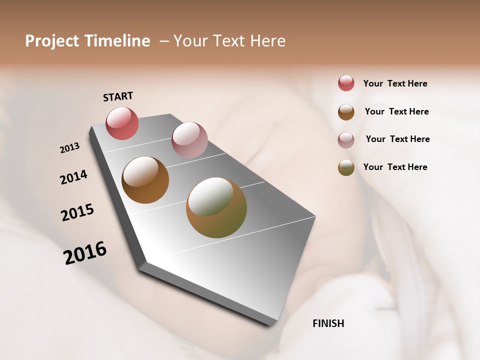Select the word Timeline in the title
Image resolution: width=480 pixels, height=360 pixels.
[x=117, y=41]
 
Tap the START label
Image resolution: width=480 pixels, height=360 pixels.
[x=118, y=96]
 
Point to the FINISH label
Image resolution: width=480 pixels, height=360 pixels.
[x=328, y=323]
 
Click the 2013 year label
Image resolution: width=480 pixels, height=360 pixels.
[x=69, y=148]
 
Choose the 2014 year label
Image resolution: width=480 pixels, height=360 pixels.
[x=73, y=177]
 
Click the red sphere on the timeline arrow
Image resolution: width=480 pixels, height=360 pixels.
[x=122, y=123]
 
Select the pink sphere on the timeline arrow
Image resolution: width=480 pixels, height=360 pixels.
[x=189, y=140]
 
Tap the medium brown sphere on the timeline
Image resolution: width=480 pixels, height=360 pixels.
[x=145, y=180]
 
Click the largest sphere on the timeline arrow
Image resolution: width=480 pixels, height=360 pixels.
[x=216, y=207]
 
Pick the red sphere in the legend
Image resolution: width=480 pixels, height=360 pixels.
[x=346, y=83]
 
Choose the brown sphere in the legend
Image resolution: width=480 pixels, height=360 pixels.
[x=346, y=112]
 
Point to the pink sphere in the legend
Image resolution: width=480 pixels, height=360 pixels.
[x=346, y=140]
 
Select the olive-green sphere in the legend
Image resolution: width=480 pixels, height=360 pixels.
[x=346, y=167]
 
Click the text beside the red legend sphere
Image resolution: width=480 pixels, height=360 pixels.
[x=395, y=83]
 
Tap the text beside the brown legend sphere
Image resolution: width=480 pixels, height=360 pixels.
[x=396, y=111]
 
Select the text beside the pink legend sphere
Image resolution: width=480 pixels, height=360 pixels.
[x=397, y=139]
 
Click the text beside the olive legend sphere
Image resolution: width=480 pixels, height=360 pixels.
[x=395, y=167]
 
